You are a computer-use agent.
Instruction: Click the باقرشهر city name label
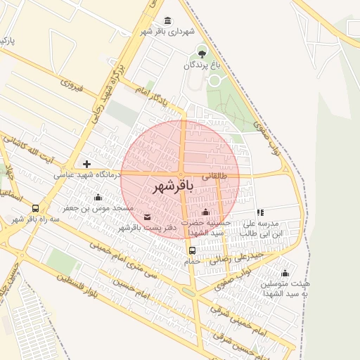[x=171, y=187]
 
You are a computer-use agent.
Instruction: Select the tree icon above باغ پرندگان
[x=202, y=53]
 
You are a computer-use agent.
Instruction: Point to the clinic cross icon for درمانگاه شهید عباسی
[x=86, y=163]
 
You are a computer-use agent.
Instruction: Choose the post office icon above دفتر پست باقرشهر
[x=147, y=216]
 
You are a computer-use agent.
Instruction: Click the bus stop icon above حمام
[x=191, y=250]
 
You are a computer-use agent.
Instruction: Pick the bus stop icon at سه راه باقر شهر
[x=35, y=208]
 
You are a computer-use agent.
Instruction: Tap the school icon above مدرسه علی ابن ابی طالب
[x=260, y=212]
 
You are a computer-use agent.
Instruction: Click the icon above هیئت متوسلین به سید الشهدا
[x=285, y=274]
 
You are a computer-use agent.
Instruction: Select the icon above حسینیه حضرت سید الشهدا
[x=205, y=212]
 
